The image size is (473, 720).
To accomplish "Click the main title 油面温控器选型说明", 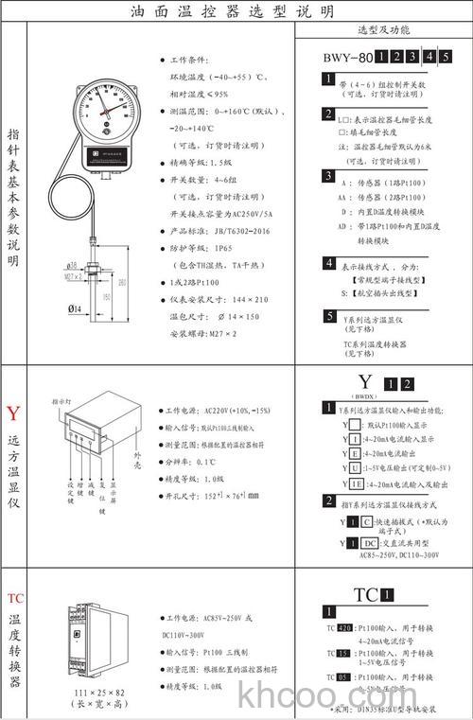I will coord(231,11).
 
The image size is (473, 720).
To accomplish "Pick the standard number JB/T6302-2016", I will coord(241,230).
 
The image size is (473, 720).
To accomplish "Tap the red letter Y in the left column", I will coord(12,414).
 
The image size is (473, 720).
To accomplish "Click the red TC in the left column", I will coord(14,598).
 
